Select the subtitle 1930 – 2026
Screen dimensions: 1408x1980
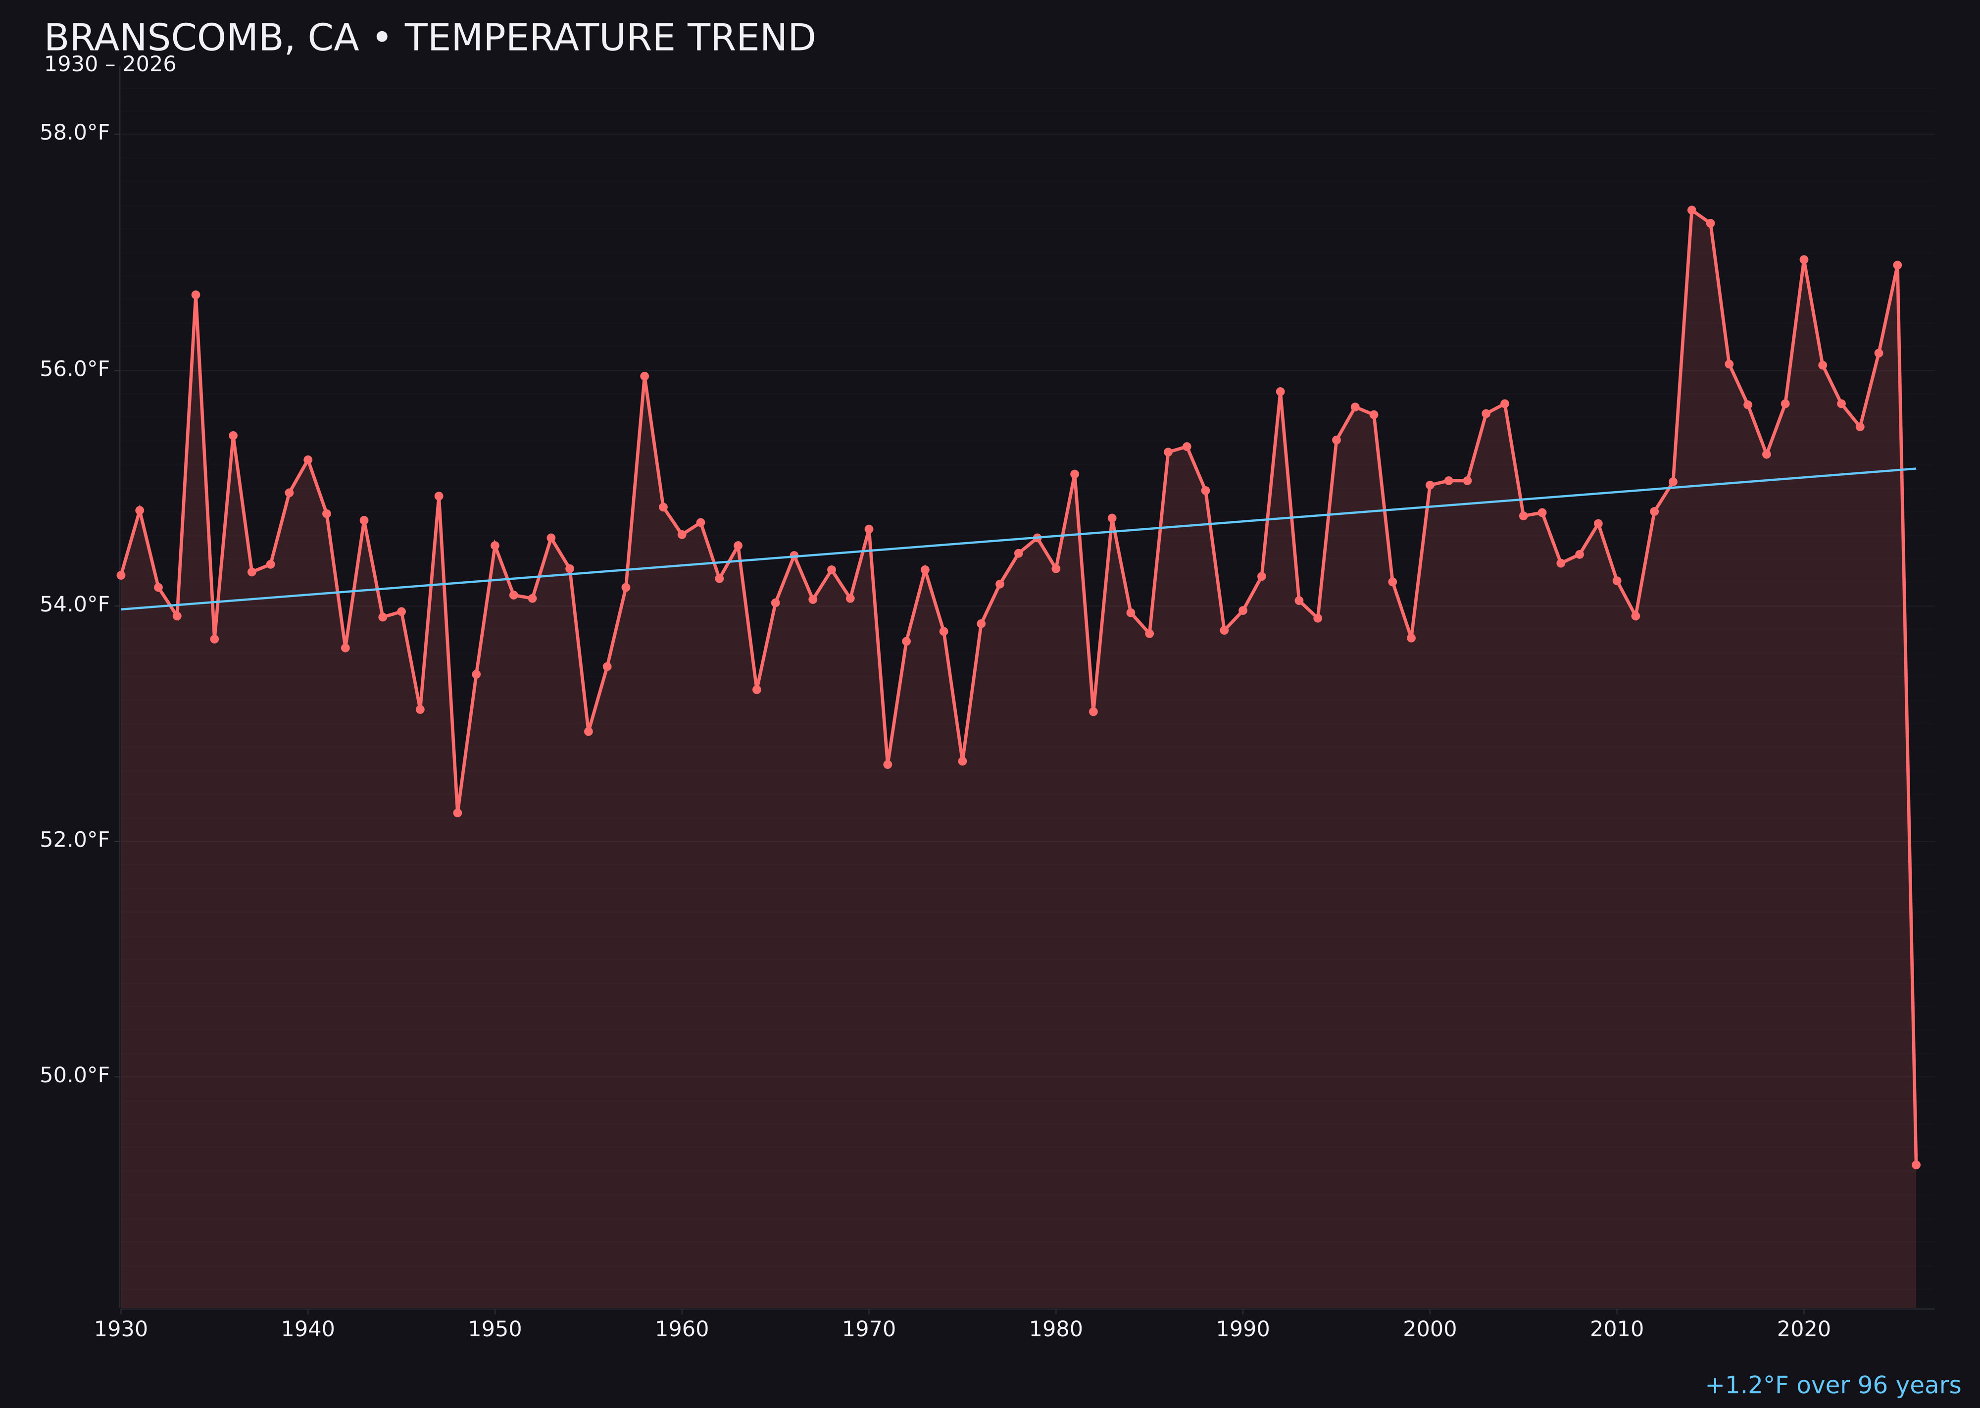pos(110,65)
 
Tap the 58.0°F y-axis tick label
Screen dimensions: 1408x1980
pos(75,133)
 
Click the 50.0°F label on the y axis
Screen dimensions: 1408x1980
pos(75,1076)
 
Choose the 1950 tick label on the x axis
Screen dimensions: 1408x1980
pos(495,1330)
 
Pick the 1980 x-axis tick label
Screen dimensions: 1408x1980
pos(1056,1330)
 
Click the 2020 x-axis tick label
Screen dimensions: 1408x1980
pos(1804,1330)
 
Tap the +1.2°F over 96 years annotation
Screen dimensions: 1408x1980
pos(1832,1385)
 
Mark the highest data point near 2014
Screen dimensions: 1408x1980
pos(1691,210)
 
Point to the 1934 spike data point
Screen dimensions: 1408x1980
pos(196,295)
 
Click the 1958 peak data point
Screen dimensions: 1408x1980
pos(644,376)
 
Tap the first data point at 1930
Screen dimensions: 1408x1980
pos(121,575)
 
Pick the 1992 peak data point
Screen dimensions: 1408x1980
pos(1281,392)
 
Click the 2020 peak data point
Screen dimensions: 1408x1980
pos(1804,260)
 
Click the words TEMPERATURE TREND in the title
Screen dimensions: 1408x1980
pos(609,38)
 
